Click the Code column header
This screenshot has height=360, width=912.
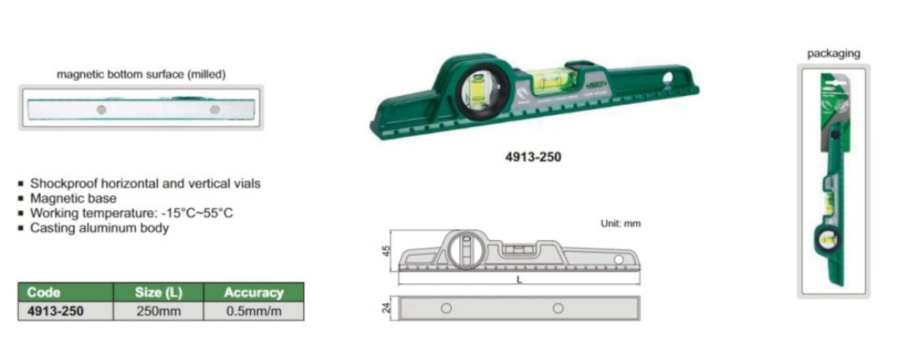43,292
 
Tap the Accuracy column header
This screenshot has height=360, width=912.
253,292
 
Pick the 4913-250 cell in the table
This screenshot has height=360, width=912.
55,311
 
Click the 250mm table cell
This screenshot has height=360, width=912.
158,311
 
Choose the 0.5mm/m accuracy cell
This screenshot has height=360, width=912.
253,311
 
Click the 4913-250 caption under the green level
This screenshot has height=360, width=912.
534,157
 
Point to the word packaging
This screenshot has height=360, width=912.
834,53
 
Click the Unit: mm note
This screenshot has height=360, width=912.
620,223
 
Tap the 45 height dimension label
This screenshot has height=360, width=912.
387,251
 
